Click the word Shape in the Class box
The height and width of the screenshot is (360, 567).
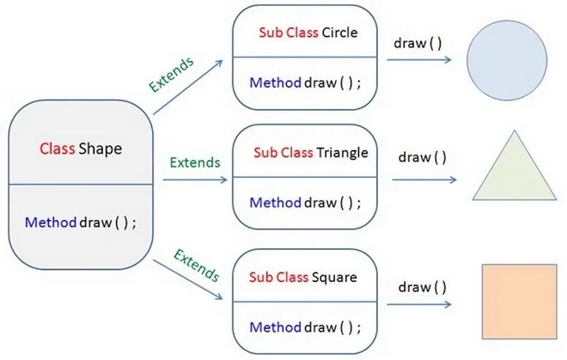click(x=101, y=149)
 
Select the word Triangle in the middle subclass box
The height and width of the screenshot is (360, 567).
click(x=341, y=153)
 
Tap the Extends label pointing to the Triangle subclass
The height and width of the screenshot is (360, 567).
click(x=195, y=161)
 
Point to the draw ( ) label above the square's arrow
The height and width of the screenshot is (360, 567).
click(x=423, y=283)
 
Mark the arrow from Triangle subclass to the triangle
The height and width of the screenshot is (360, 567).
click(x=424, y=180)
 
